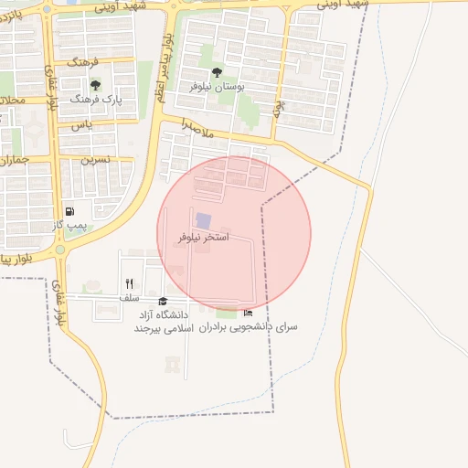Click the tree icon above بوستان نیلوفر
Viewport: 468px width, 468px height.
217,72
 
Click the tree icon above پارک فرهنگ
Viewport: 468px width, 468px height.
95,85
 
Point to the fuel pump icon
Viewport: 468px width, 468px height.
70,211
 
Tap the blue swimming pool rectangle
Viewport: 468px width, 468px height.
203,221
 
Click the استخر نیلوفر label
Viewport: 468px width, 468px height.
204,237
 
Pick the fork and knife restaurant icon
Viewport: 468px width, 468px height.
129,283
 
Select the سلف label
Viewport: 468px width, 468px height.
129,297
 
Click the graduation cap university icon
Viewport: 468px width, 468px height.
164,301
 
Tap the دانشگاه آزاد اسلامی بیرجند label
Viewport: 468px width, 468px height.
160,320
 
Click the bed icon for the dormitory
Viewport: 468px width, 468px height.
248,313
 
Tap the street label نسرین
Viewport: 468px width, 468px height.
96,158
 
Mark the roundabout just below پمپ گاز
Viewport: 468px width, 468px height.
60,249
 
